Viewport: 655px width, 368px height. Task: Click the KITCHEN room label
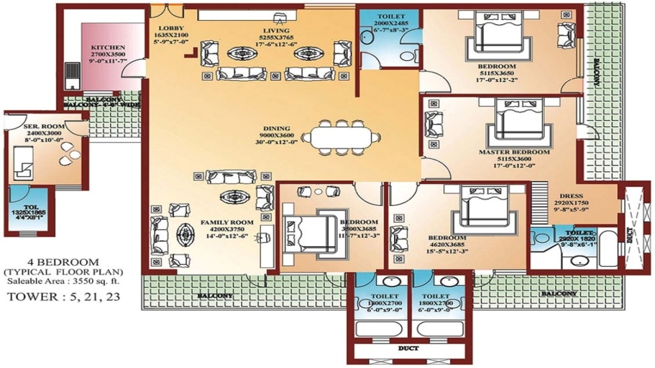pyautogui.click(x=107, y=48)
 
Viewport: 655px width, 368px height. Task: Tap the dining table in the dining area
pyautogui.click(x=341, y=137)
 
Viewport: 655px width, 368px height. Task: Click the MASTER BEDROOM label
pyautogui.click(x=514, y=152)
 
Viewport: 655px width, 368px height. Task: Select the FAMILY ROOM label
pyautogui.click(x=227, y=222)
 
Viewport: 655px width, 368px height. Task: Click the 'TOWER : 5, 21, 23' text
pyautogui.click(x=63, y=296)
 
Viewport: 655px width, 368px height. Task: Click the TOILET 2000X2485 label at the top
pyautogui.click(x=389, y=17)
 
